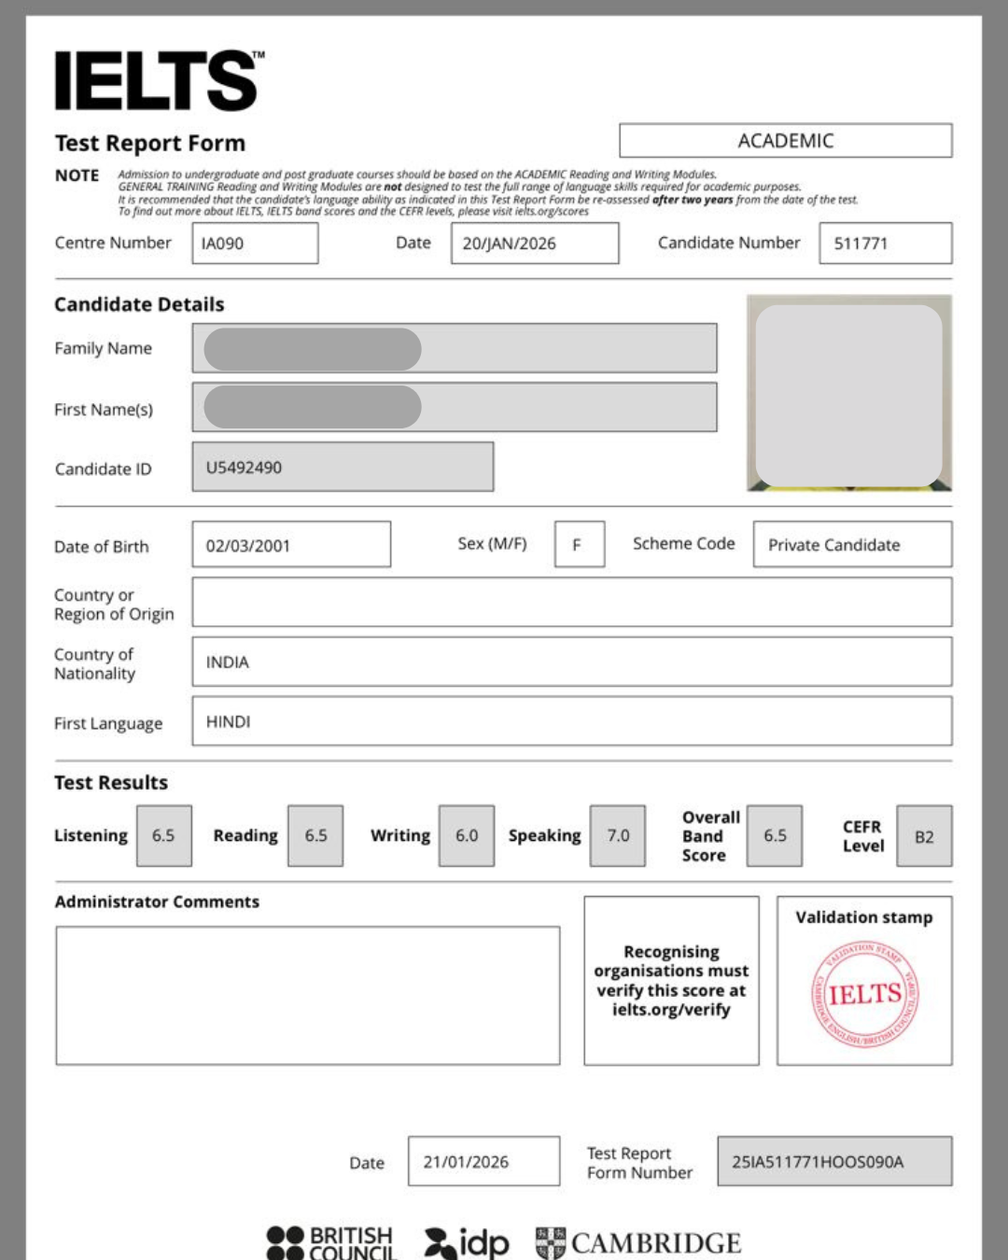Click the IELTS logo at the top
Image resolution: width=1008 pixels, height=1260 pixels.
point(157,80)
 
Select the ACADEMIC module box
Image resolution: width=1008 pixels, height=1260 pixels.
point(785,141)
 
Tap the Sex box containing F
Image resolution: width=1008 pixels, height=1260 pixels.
point(579,545)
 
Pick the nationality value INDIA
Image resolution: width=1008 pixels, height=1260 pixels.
point(228,663)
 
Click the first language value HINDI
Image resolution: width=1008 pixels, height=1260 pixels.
point(229,722)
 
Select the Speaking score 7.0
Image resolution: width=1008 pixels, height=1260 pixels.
point(618,836)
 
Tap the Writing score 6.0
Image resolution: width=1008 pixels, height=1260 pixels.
point(467,836)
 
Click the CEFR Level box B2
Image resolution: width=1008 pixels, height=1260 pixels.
point(924,837)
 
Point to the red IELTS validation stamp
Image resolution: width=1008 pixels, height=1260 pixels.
point(865,994)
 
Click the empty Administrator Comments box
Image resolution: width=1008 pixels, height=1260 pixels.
point(307,996)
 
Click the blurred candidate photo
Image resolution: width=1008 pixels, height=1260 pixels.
point(848,393)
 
